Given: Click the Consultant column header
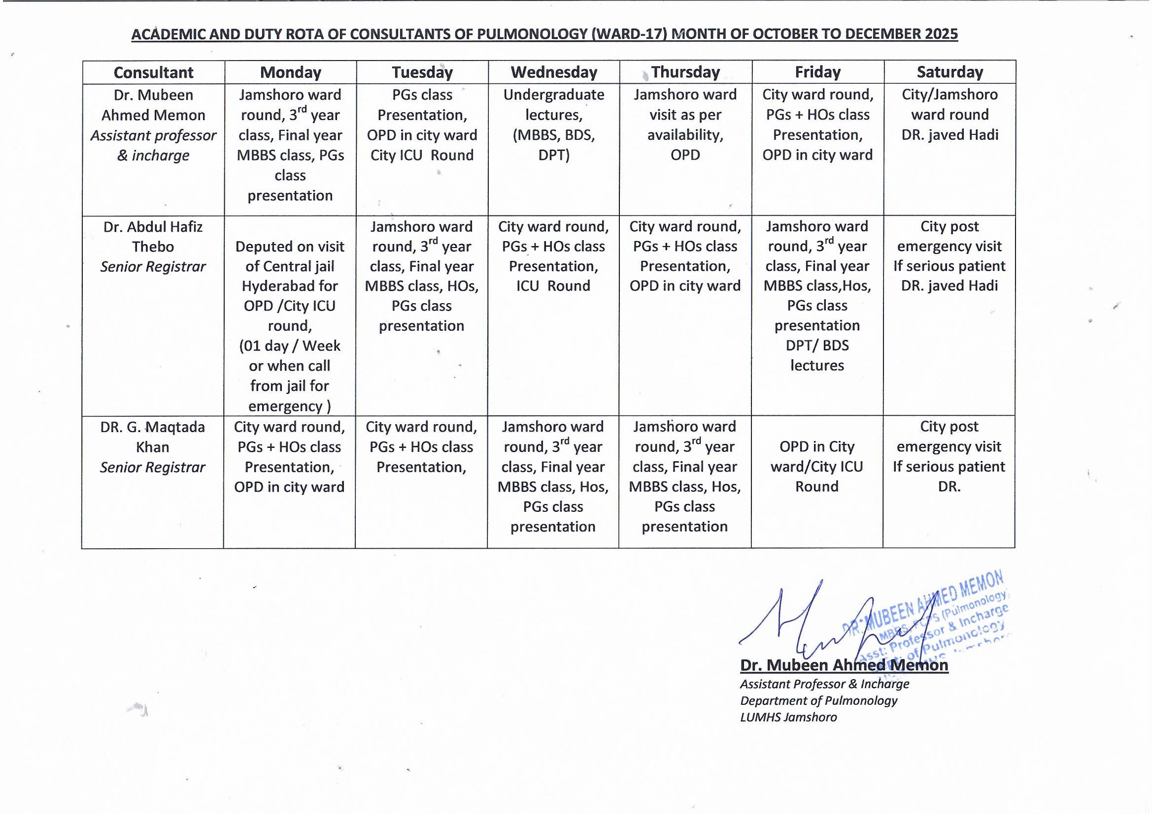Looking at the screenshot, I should tap(154, 73).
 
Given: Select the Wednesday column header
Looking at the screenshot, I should tap(554, 73).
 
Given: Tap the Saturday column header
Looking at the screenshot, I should tap(949, 73).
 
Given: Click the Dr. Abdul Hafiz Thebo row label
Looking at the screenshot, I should tap(153, 247).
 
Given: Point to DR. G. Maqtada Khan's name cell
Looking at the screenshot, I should tap(153, 446).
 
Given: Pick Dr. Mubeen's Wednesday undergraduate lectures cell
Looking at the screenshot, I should tap(554, 125).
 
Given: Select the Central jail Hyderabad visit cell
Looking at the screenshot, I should tap(290, 316).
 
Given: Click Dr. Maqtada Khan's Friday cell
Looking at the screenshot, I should tap(817, 466).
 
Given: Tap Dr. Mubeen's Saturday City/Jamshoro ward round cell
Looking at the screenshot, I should tap(949, 115).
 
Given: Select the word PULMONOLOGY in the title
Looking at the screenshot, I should tap(532, 34).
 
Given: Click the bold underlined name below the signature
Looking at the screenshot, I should tap(844, 665).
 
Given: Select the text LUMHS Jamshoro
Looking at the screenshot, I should tap(788, 717).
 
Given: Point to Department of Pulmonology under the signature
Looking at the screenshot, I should tap(819, 701).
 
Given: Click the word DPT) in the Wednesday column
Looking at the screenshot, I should tap(554, 156).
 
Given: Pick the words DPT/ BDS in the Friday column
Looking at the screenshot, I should tap(817, 345).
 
